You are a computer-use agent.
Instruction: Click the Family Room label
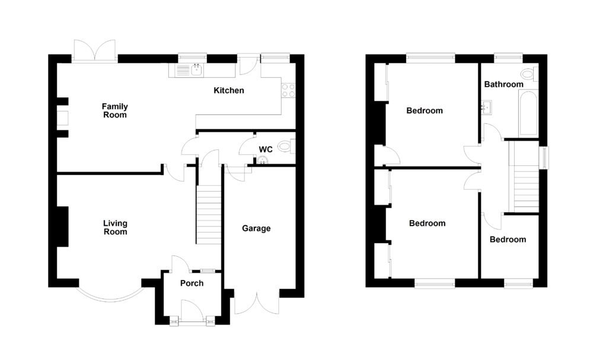[x=115, y=110]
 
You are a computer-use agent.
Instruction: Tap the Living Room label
[x=115, y=228]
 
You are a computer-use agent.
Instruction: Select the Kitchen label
[x=229, y=91]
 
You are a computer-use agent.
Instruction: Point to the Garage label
[x=256, y=228]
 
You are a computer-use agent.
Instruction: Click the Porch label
[x=192, y=283]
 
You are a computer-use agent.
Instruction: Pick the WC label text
[x=265, y=149]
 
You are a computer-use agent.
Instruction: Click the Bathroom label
[x=503, y=84]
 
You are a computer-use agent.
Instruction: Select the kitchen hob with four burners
[x=288, y=90]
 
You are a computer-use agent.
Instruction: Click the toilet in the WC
[x=285, y=146]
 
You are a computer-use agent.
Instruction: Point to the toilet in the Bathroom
[x=527, y=74]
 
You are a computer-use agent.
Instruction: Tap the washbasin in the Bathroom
[x=487, y=108]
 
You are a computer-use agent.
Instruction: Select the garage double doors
[x=256, y=302]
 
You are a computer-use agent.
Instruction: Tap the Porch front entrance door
[x=192, y=311]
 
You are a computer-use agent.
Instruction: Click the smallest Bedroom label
[x=508, y=240]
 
